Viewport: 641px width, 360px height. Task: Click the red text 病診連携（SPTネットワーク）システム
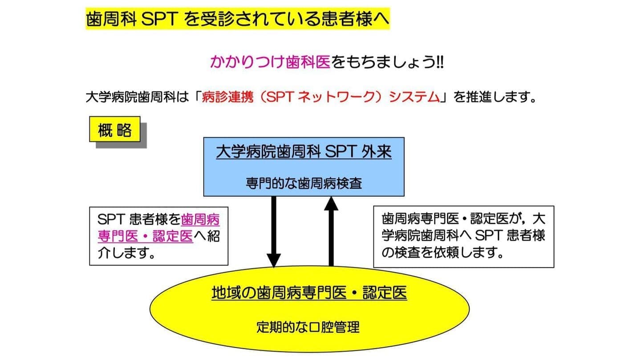click(x=320, y=97)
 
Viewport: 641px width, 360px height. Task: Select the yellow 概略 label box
click(x=115, y=129)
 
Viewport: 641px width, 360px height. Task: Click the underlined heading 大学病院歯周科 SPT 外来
click(x=304, y=152)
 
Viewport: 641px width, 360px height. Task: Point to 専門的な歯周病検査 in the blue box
click(x=304, y=183)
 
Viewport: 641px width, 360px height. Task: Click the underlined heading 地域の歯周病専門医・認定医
click(x=309, y=293)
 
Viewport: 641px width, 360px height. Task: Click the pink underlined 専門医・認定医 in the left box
click(x=145, y=236)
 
